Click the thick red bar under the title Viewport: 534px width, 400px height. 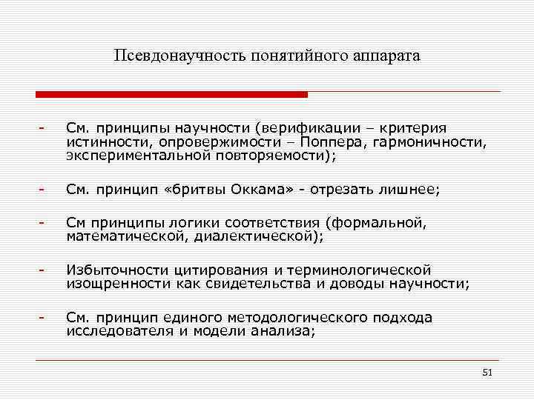[x=171, y=94]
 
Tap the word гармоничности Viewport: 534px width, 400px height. [x=428, y=141]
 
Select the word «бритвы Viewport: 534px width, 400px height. [x=195, y=190]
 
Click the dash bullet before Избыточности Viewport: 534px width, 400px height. [x=44, y=270]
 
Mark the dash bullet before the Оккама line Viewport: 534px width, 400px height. [x=44, y=190]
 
